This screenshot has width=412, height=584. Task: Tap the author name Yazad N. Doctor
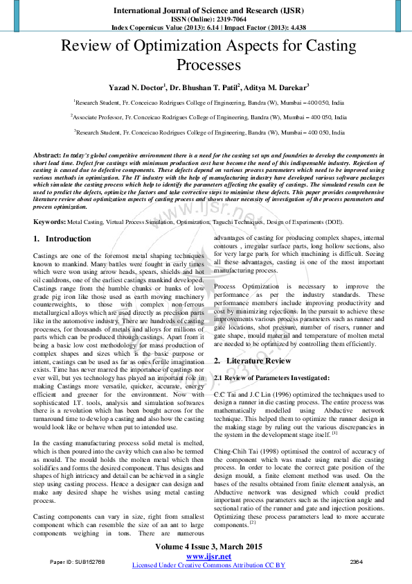coord(136,88)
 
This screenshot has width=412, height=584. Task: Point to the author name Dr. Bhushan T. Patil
coord(204,88)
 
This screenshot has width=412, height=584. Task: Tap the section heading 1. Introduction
coord(62,239)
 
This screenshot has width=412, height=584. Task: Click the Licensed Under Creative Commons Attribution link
coord(208,565)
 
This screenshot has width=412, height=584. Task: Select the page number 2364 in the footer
coord(356,561)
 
